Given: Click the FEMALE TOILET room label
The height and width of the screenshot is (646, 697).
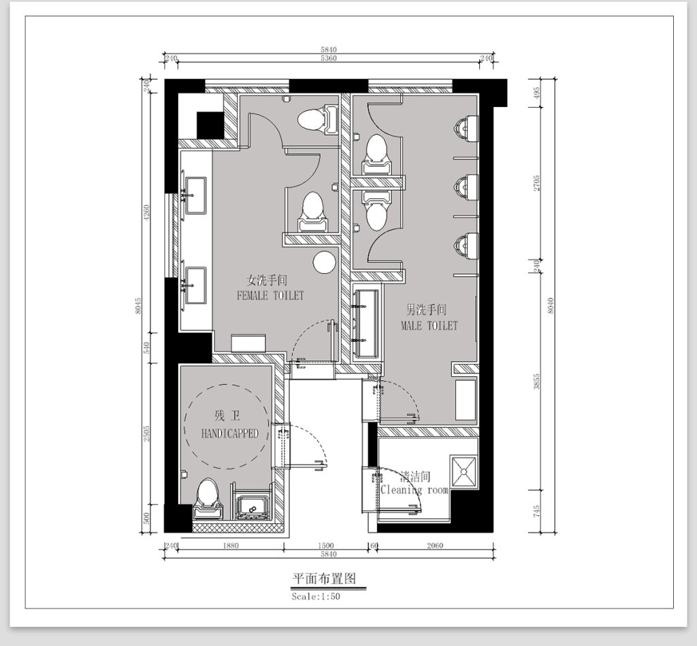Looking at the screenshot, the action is (x=270, y=296).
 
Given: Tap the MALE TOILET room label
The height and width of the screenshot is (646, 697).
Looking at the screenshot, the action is (x=429, y=326).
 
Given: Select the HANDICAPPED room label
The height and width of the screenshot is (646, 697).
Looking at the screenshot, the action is (x=229, y=433).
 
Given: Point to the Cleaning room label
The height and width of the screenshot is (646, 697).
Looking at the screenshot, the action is (x=415, y=490).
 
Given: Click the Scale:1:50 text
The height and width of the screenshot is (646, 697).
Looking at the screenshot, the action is (x=316, y=596).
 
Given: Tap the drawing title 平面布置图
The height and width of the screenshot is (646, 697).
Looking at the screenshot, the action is (x=324, y=579).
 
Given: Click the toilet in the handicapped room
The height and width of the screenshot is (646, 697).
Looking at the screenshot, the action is (x=208, y=499).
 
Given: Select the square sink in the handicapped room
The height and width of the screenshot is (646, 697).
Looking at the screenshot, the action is (x=253, y=508).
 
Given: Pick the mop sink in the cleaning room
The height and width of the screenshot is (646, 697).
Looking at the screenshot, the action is (x=464, y=472).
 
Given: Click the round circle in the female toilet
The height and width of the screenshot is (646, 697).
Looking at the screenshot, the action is (x=324, y=262).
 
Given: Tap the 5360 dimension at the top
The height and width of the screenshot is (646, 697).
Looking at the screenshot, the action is (x=329, y=58).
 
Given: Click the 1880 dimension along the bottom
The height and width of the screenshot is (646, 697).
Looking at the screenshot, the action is (x=231, y=545).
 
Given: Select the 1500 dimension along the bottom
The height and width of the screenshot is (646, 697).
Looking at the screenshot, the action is (x=326, y=545).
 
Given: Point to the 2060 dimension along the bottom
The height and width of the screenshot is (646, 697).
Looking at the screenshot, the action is (x=435, y=545).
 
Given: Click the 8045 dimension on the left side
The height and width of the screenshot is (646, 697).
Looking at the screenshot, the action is (x=138, y=306).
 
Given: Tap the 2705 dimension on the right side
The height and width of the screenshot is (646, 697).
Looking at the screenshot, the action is (x=536, y=183).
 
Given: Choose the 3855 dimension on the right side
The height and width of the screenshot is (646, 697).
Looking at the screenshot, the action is (x=536, y=382).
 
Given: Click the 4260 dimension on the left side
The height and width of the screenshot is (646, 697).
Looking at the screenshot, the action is (x=147, y=213).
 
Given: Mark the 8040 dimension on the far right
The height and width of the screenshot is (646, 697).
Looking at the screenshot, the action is (x=551, y=306).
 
